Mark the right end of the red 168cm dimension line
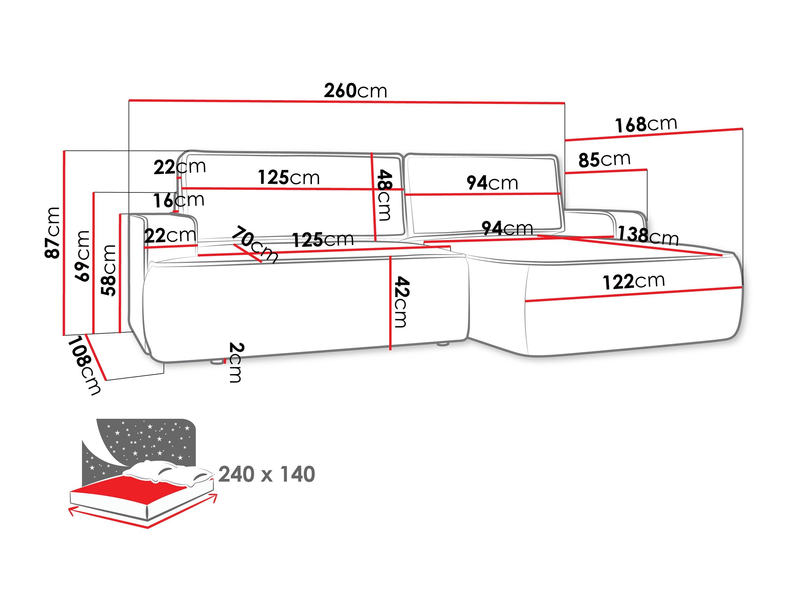[x=743, y=128]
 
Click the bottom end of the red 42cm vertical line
[x=390, y=349]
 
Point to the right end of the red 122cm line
[x=742, y=287]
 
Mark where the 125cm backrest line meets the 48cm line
[x=373, y=189]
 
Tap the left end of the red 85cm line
[x=566, y=173]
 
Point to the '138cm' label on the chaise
[x=648, y=236]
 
